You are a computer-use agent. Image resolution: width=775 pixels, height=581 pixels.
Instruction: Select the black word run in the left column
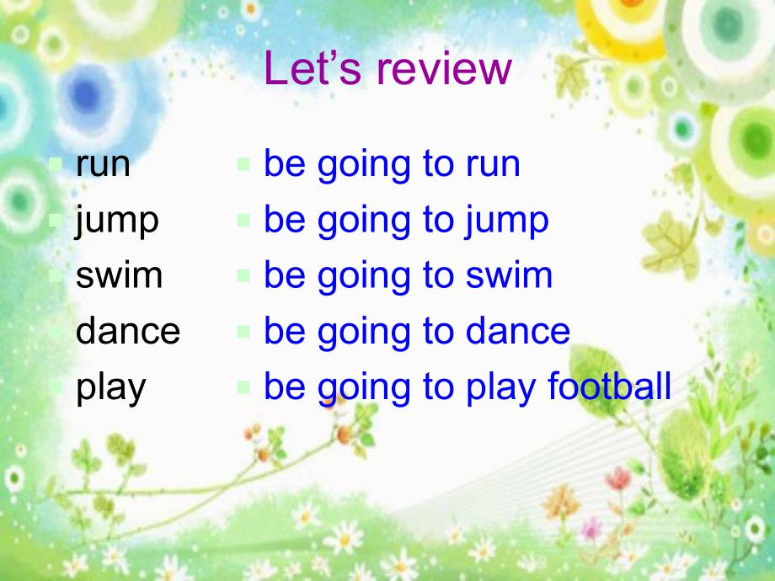[103, 164]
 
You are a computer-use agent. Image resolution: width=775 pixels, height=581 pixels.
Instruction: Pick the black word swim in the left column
[119, 275]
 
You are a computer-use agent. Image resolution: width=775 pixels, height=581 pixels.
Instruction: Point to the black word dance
[128, 331]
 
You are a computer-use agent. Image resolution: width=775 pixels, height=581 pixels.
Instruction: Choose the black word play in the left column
[111, 388]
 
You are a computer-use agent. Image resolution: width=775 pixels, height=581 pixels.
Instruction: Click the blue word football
[609, 386]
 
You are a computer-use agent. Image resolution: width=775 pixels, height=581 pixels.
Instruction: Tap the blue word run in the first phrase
[493, 164]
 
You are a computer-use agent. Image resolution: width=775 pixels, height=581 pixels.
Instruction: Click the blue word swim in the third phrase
[510, 275]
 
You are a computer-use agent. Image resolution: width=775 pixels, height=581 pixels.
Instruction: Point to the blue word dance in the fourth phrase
[518, 331]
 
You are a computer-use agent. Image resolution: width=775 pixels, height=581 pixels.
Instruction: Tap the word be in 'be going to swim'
[284, 275]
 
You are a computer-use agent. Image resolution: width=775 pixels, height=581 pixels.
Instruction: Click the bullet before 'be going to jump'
[243, 221]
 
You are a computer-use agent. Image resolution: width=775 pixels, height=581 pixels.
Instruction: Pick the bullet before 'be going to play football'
[243, 387]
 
